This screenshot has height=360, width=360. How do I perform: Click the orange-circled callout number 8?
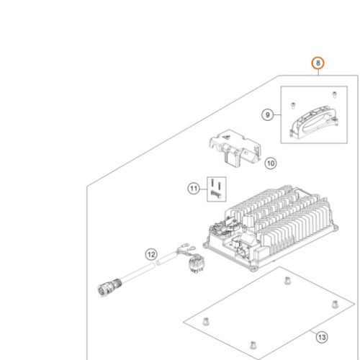click(x=318, y=63)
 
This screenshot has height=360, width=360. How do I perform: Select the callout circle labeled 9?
click(x=268, y=114)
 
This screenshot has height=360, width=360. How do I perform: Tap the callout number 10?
click(x=271, y=163)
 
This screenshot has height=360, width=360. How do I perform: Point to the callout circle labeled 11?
click(x=194, y=189)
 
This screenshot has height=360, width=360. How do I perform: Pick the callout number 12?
click(x=151, y=254)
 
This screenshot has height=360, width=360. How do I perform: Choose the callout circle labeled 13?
click(x=322, y=338)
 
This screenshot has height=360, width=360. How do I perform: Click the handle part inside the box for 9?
click(x=314, y=123)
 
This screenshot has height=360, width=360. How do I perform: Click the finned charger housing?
click(x=271, y=228)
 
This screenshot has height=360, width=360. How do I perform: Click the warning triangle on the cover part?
click(x=226, y=138)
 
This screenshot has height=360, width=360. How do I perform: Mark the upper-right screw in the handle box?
click(x=334, y=94)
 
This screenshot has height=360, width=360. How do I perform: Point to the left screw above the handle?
click(x=293, y=106)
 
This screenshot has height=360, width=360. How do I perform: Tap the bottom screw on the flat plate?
click(x=253, y=345)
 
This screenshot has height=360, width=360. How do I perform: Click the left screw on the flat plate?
click(x=205, y=321)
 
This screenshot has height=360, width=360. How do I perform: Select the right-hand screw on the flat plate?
click(x=335, y=304)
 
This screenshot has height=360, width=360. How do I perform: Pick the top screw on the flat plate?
click(x=287, y=280)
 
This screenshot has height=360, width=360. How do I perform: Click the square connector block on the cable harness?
click(x=195, y=264)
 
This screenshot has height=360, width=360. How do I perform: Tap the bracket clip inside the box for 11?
click(x=215, y=194)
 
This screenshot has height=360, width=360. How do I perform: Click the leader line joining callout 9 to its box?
click(x=277, y=114)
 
